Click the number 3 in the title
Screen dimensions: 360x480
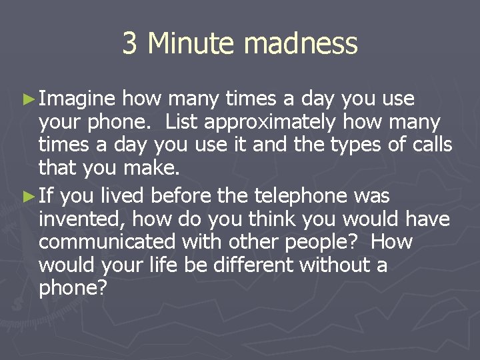(x=130, y=44)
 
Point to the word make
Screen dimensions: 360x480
(x=155, y=168)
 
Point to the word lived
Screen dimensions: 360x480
(x=125, y=196)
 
